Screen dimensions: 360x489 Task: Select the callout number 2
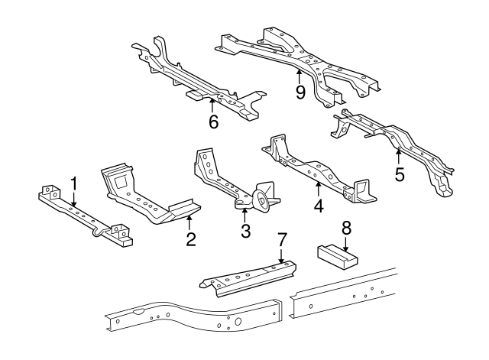(191, 240)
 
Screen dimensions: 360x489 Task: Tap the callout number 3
(245, 231)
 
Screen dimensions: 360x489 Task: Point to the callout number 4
(319, 204)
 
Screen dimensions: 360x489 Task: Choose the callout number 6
(213, 121)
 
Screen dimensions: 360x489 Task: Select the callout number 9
(300, 92)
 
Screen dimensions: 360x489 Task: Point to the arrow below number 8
(345, 244)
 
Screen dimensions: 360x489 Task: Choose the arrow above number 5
(397, 157)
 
